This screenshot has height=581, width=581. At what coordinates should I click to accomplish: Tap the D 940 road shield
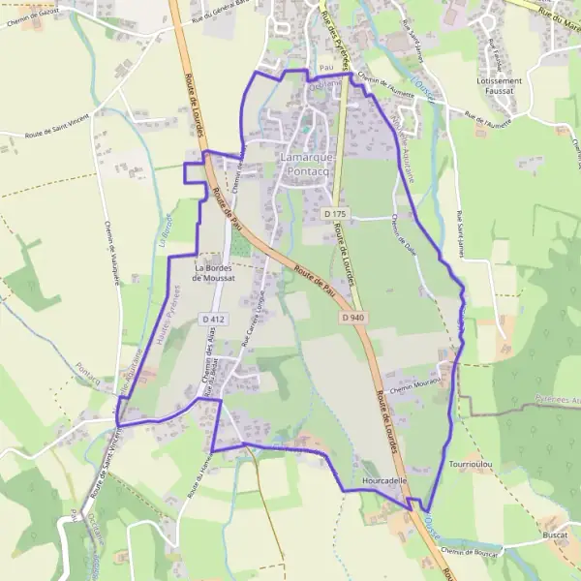tap(352, 317)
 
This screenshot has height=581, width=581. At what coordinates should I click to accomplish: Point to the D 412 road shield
tap(214, 318)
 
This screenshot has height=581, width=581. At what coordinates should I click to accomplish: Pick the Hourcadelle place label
tap(385, 479)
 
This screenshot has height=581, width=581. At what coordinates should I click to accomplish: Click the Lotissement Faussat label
tap(500, 87)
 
